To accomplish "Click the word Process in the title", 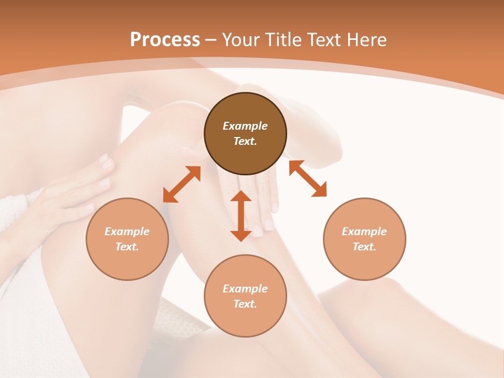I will coord(165,40).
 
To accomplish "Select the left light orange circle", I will coord(127,239).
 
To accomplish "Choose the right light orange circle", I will coord(364,239).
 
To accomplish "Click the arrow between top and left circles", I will coord(182,184).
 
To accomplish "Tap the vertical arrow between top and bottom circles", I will coord(241,216).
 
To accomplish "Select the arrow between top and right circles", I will coord(308,178).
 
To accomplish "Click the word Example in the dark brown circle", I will coord(245,126).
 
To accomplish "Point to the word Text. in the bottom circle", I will coord(245,304).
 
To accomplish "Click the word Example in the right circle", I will coord(364,232).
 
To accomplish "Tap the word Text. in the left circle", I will coord(127,247).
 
